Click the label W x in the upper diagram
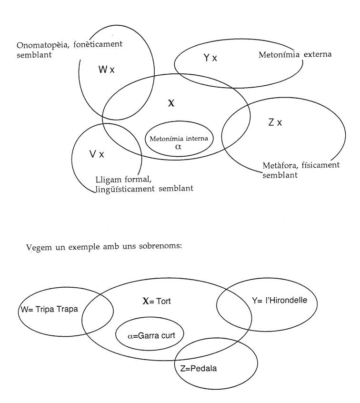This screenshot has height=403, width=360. [x=107, y=70]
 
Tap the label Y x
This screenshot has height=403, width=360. [x=210, y=58]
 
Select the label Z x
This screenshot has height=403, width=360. [x=275, y=123]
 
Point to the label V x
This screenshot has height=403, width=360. [x=97, y=154]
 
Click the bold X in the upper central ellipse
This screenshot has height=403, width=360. [x=171, y=102]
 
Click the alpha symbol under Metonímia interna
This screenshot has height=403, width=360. [x=178, y=147]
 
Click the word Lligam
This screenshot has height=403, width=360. [x=108, y=179]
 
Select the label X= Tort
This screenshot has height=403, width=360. [x=157, y=301]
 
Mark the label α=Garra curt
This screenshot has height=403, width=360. [x=151, y=335]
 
